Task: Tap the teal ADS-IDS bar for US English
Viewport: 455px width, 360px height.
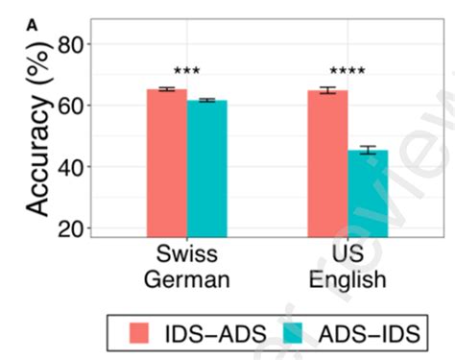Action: pyautogui.click(x=368, y=192)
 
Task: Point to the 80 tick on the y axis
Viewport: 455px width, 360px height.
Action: pyautogui.click(x=75, y=44)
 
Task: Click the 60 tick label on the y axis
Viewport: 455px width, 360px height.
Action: pyautogui.click(x=75, y=106)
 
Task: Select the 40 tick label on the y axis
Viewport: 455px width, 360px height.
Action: pyautogui.click(x=75, y=167)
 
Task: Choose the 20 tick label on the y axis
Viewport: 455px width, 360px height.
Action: pyautogui.click(x=75, y=228)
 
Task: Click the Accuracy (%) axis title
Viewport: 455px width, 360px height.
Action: pyautogui.click(x=36, y=133)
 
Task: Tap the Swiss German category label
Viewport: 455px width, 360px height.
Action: pyautogui.click(x=186, y=267)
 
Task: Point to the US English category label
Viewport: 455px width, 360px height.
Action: pyautogui.click(x=347, y=267)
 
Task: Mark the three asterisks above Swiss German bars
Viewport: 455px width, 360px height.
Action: pyautogui.click(x=186, y=73)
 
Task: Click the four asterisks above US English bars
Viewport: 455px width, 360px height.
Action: pyautogui.click(x=347, y=73)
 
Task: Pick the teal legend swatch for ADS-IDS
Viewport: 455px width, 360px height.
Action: pyautogui.click(x=298, y=333)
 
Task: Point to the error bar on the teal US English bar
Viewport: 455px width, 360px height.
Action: pyautogui.click(x=368, y=151)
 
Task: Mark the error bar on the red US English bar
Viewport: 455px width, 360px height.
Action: pyautogui.click(x=327, y=90)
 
